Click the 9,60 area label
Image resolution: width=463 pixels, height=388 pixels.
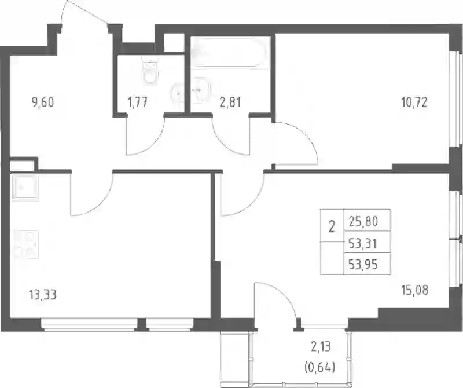(43, 103)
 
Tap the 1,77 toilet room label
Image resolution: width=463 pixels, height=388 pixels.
(137, 103)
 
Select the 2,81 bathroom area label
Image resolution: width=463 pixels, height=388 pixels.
(230, 103)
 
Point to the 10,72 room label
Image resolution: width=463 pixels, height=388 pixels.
(414, 103)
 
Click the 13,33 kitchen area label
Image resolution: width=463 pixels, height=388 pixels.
(43, 295)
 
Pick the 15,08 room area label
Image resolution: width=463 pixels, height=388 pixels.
(415, 290)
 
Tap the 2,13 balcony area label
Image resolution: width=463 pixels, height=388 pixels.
(321, 346)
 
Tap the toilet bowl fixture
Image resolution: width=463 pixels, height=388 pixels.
(151, 70)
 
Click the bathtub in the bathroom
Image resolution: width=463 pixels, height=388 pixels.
(230, 52)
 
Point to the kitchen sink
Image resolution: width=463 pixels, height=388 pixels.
(25, 186)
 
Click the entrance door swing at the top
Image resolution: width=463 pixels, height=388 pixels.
(84, 12)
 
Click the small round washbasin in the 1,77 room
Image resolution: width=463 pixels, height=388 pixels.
(178, 93)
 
